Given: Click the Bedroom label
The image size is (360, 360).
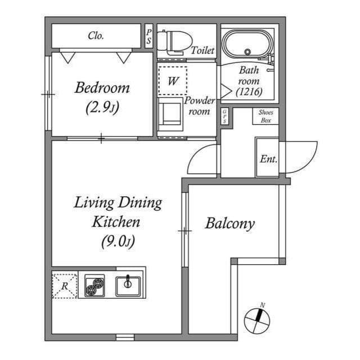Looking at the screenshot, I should [x=102, y=88].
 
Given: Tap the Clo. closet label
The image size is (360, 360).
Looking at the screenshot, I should [x=96, y=35].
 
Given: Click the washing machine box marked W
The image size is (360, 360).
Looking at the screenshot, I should [x=173, y=80].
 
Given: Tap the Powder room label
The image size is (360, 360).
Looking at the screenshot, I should [x=200, y=106].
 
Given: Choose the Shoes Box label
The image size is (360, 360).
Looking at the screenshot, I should [x=266, y=116].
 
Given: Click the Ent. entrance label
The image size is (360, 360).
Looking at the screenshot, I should [x=268, y=159].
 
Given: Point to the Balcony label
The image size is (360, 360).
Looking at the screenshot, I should [x=229, y=223].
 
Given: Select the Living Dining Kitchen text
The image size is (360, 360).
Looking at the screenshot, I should [x=118, y=211].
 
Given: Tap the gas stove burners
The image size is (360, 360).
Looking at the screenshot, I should [x=94, y=286].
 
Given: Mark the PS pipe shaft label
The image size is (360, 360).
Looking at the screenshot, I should [x=148, y=36].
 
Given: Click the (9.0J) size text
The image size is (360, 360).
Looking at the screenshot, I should [x=117, y=241].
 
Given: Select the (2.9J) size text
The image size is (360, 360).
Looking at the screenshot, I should [x=102, y=107].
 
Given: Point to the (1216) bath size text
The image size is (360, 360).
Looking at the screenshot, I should [x=248, y=91].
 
